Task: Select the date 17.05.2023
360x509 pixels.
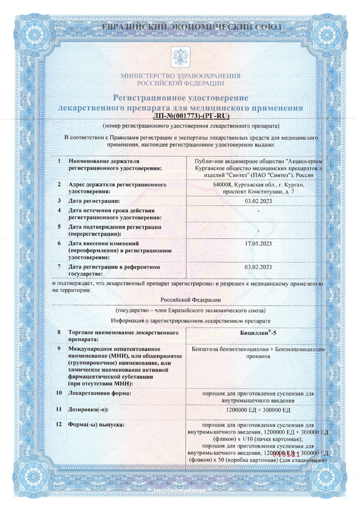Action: (258, 243)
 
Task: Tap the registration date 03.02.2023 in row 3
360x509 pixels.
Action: (258, 200)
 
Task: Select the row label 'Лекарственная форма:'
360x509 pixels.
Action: (99, 394)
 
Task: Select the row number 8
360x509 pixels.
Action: (60, 333)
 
